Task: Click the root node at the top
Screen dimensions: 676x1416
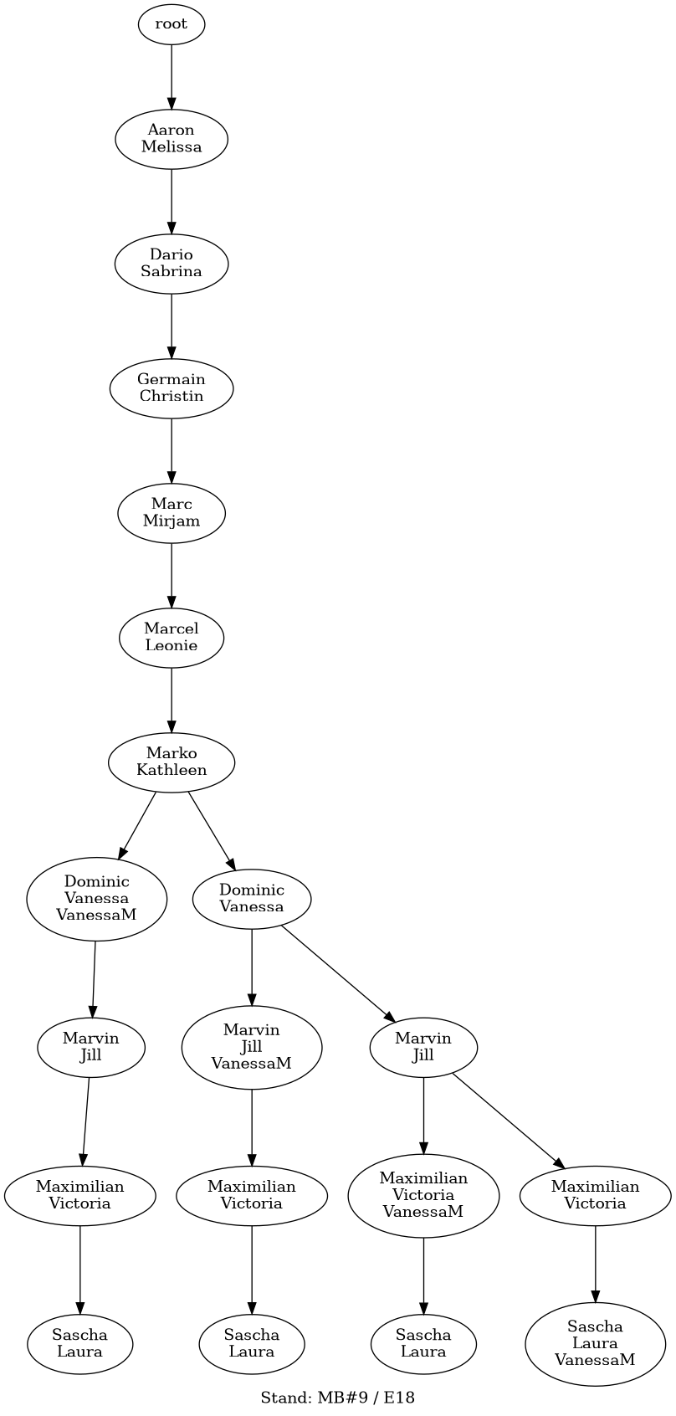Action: (x=172, y=24)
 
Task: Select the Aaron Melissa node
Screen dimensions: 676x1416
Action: (x=172, y=138)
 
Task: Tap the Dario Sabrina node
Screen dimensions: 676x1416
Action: (x=172, y=263)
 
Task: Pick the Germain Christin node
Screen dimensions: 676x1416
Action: (x=172, y=387)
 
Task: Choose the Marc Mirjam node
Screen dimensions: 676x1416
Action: (x=172, y=512)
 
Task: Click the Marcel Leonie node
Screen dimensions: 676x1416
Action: (x=172, y=637)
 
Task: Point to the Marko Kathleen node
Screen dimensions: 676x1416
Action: (x=172, y=761)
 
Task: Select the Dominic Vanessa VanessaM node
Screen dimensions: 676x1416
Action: (x=97, y=898)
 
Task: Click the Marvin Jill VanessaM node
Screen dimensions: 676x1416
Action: (x=252, y=1047)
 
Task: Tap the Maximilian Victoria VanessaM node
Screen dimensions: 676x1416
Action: (x=423, y=1195)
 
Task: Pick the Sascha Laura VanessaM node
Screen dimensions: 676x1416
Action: (x=595, y=1344)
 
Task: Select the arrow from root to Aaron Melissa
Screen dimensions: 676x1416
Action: (x=172, y=76)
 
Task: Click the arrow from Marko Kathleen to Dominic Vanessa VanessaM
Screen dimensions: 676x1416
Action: (x=137, y=824)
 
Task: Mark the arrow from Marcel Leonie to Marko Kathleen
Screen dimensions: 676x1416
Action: (x=172, y=699)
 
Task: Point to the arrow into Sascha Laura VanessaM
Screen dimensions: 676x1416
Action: (x=595, y=1264)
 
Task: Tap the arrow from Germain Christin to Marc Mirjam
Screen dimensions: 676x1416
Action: (x=172, y=450)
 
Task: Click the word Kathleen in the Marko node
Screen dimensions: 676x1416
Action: (x=172, y=770)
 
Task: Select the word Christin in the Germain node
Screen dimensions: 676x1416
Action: (x=172, y=397)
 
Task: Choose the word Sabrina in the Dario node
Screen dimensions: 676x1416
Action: (x=172, y=272)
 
